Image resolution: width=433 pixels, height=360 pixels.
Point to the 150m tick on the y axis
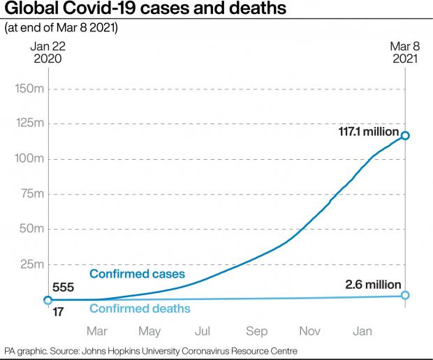(x=30, y=89)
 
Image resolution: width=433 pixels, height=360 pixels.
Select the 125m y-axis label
(x=30, y=124)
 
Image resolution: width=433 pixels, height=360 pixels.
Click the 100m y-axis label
(x=30, y=159)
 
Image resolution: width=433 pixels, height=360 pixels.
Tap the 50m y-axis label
(x=32, y=229)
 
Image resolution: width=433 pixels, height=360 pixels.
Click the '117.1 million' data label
(x=365, y=132)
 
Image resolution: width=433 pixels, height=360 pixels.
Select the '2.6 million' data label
(x=373, y=285)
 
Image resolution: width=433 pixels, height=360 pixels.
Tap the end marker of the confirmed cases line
(x=405, y=135)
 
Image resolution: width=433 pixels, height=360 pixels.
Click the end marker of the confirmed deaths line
(x=405, y=296)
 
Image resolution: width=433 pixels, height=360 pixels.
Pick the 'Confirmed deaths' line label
(x=140, y=308)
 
